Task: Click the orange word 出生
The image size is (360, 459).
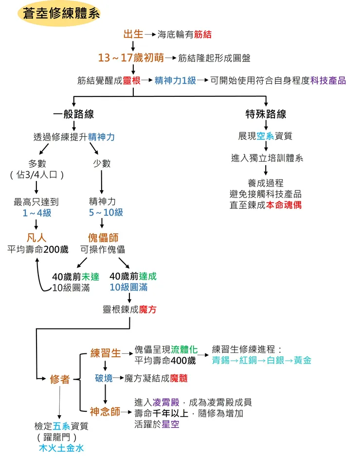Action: point(133,34)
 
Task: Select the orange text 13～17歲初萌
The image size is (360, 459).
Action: point(131,58)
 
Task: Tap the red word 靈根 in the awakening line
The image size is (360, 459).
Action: point(131,81)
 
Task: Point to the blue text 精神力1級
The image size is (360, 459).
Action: point(175,81)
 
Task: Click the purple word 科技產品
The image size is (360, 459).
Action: point(328,81)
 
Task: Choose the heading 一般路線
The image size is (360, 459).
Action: point(73,114)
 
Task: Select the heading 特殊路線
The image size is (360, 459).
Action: point(266,114)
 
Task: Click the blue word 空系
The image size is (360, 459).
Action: point(266,136)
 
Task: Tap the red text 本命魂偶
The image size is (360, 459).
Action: point(284,205)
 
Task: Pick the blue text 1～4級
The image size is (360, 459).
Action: point(36,213)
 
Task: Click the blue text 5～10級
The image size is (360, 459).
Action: point(106,213)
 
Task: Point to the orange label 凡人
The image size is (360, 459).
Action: point(36,238)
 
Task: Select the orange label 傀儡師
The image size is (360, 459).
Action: point(103,238)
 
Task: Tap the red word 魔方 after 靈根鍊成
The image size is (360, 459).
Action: point(147,310)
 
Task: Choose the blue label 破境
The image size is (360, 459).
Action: point(104,378)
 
